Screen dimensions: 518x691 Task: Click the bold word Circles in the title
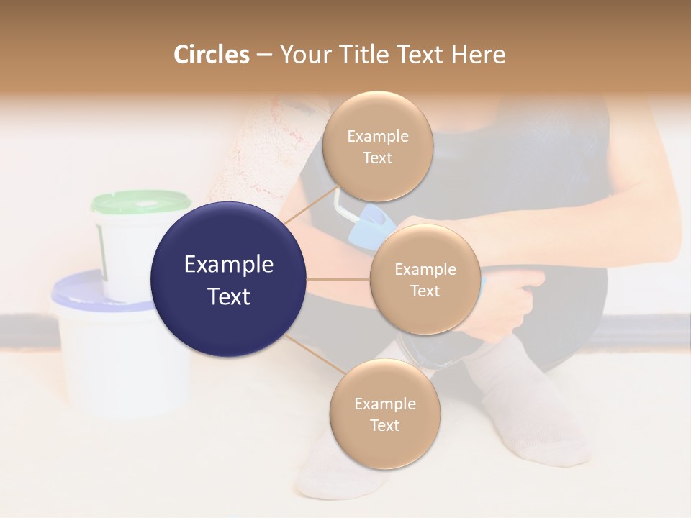point(211,55)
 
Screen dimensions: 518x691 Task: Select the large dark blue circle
point(229,280)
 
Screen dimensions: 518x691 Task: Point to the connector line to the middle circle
point(338,279)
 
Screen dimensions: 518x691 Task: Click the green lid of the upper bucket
point(140,202)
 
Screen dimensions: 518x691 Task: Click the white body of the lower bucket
point(108,360)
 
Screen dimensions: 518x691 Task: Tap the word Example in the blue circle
point(229,265)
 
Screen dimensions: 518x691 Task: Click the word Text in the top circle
point(378,158)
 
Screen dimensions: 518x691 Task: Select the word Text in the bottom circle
point(384,425)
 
